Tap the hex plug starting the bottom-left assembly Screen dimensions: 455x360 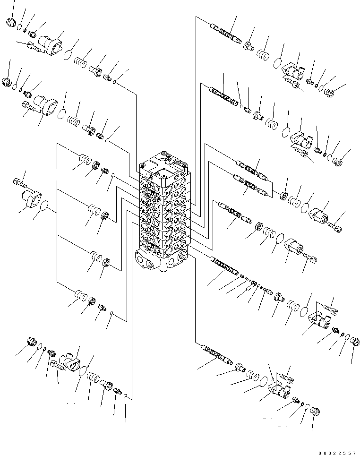[x=33, y=342]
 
